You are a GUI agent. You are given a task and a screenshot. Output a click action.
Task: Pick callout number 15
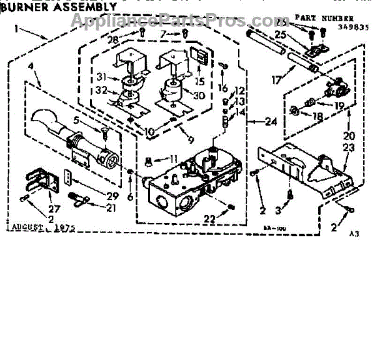[199, 82]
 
